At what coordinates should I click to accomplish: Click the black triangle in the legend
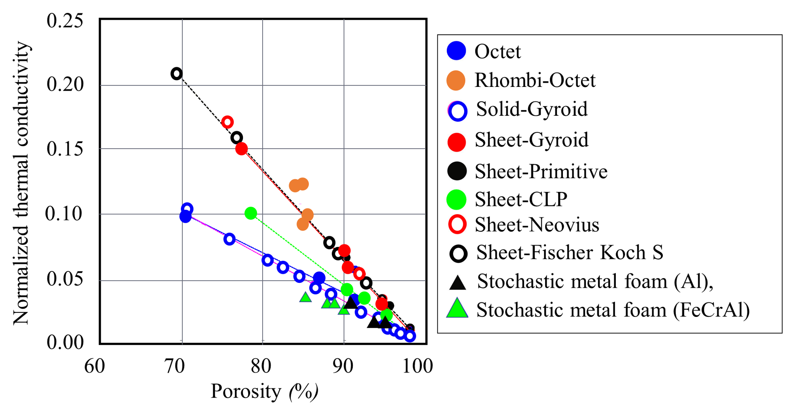(458, 282)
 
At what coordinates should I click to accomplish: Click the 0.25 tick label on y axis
(65, 21)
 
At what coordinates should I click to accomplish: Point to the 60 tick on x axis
(95, 366)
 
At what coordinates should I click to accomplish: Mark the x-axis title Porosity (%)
(264, 392)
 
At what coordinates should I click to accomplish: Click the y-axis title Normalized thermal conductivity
(21, 183)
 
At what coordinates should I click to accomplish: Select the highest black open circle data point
(177, 73)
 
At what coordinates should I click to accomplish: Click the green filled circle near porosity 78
(250, 213)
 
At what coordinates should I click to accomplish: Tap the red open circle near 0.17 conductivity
(227, 122)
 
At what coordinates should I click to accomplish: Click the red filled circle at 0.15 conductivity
(241, 149)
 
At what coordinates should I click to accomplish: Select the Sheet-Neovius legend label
(536, 225)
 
